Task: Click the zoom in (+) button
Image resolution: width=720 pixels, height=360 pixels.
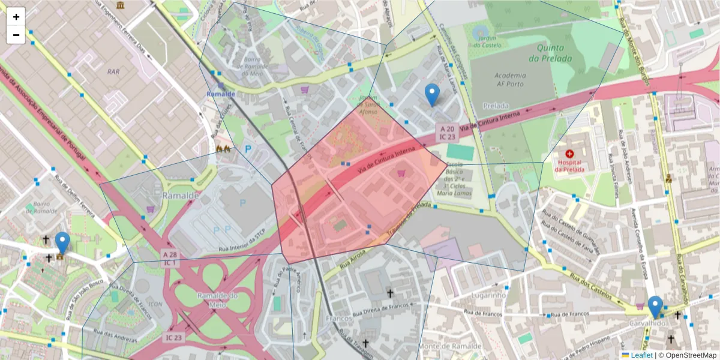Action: click(x=16, y=17)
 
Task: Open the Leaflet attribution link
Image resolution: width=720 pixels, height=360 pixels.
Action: click(x=641, y=355)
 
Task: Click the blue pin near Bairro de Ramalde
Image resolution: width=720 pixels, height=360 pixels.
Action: click(x=62, y=244)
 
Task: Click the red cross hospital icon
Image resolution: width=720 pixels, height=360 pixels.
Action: click(x=569, y=154)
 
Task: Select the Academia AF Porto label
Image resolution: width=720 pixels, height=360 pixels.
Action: click(x=511, y=80)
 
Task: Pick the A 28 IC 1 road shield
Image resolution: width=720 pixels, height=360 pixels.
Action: click(x=170, y=259)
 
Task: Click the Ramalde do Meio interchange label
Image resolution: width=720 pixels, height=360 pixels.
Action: click(x=217, y=299)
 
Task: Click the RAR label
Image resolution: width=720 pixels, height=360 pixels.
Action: click(x=113, y=71)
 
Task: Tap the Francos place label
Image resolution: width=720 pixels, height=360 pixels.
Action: click(x=338, y=318)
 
